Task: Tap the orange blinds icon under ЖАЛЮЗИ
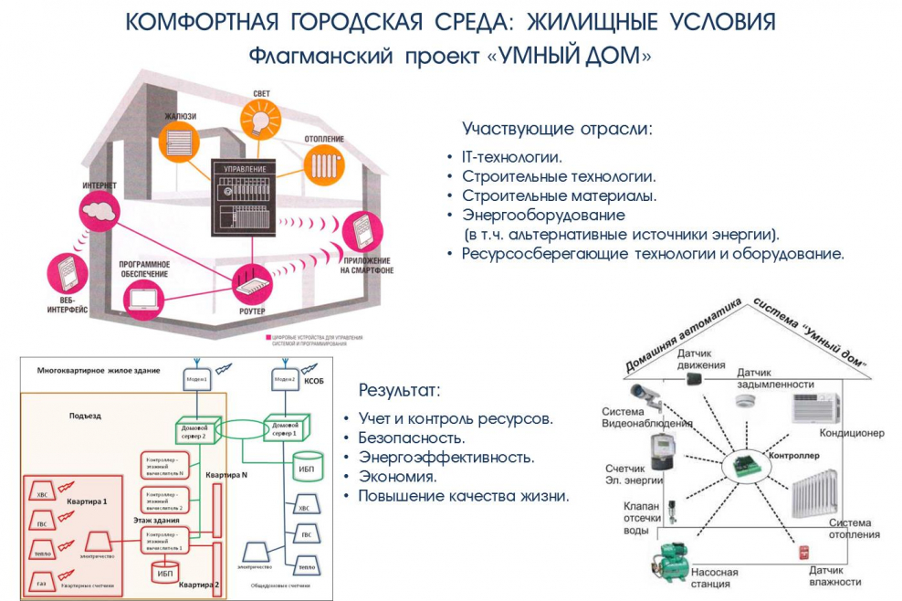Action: click(181, 144)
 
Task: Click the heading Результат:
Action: click(399, 391)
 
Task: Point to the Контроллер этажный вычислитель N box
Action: click(164, 465)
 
